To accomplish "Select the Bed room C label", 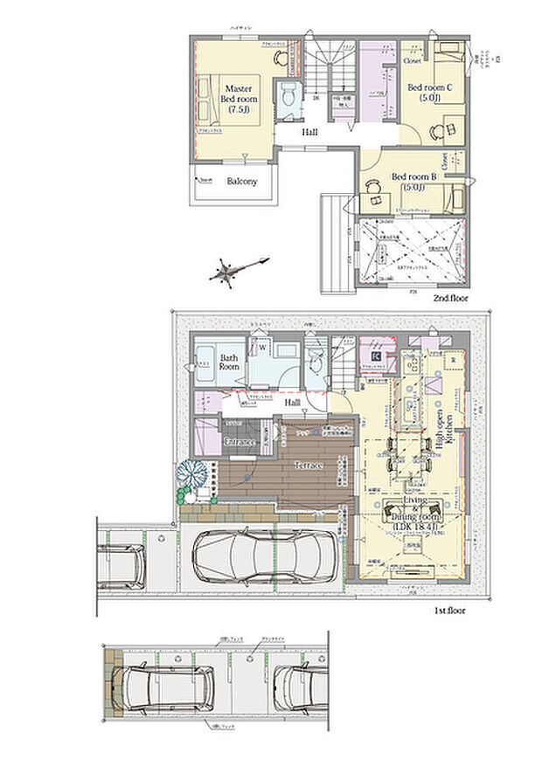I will click(429, 92).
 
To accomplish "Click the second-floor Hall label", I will click(309, 133).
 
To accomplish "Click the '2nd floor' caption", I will click(450, 299).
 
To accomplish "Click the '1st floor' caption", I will click(449, 611).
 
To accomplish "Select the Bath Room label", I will click(229, 362).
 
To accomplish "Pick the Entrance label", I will click(240, 443).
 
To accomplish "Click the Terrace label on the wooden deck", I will click(309, 466).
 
